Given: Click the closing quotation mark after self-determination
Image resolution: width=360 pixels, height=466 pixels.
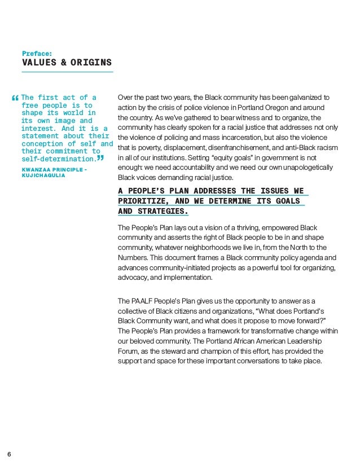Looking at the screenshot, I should pyautogui.click(x=100, y=158).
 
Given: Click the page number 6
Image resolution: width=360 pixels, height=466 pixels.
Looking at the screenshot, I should pyautogui.click(x=9, y=453).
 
